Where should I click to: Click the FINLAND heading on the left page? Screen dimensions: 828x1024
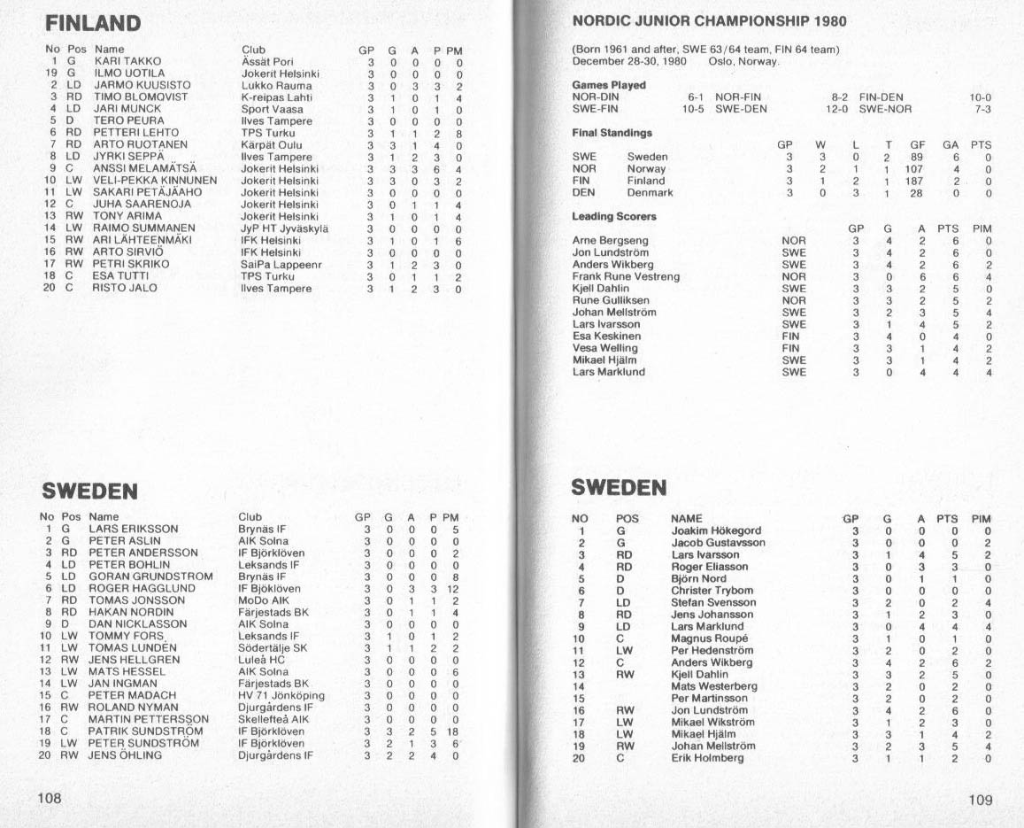click(x=93, y=23)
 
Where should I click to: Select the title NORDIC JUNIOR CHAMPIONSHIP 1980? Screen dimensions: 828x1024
click(x=709, y=21)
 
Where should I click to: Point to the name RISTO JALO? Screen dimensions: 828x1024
click(x=125, y=289)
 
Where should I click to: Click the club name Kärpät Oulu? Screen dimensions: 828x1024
click(x=271, y=145)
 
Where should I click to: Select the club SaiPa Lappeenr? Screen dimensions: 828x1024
click(x=281, y=265)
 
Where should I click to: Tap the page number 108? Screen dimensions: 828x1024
click(x=49, y=798)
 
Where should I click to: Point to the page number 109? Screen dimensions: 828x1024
click(x=981, y=800)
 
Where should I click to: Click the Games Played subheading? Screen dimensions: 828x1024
click(x=609, y=85)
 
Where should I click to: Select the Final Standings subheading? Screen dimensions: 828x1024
click(x=612, y=133)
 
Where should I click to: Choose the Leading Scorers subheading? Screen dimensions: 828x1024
click(x=614, y=216)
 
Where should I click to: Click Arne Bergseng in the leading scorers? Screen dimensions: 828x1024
click(x=610, y=241)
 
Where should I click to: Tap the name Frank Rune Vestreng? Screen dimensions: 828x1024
click(x=626, y=276)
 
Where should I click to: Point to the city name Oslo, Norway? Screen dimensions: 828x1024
click(x=743, y=61)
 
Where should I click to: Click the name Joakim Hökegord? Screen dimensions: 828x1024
click(x=716, y=531)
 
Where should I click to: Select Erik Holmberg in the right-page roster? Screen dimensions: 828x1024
click(x=707, y=758)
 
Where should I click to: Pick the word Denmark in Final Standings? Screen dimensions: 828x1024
click(x=650, y=192)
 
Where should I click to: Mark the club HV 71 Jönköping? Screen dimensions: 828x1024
click(x=281, y=695)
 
